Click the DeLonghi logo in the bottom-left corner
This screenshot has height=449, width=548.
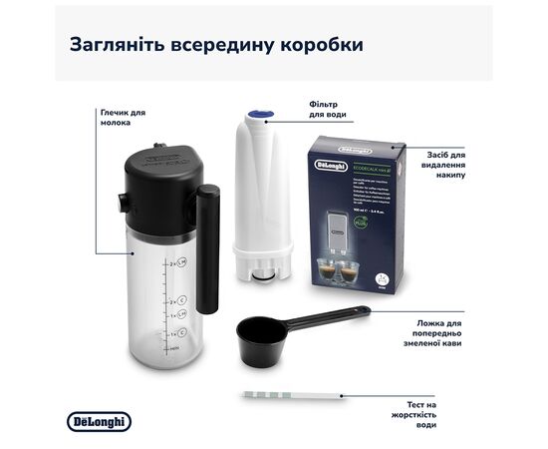pyautogui.click(x=99, y=422)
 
